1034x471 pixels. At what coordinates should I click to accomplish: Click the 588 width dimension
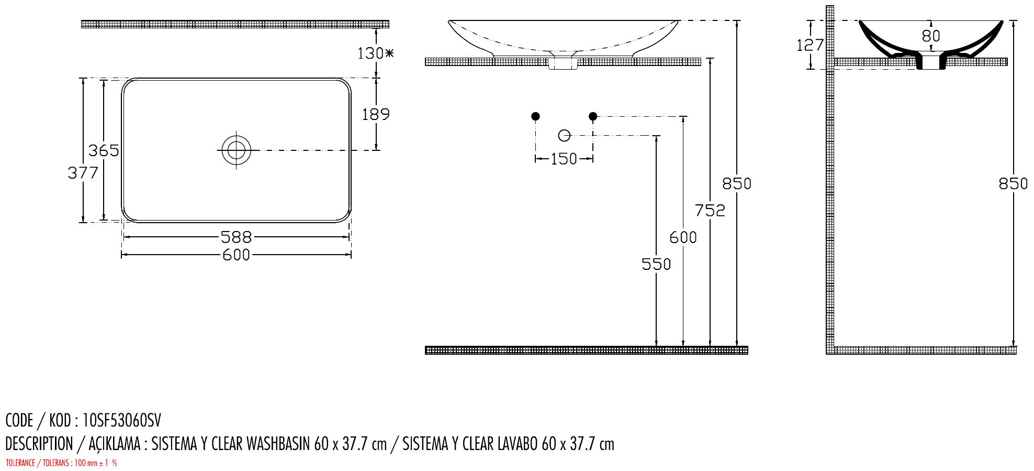pyautogui.click(x=236, y=237)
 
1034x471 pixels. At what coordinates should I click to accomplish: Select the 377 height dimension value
pyautogui.click(x=83, y=172)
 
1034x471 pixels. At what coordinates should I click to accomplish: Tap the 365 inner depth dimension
pyautogui.click(x=104, y=150)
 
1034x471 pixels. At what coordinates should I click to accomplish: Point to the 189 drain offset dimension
pyautogui.click(x=376, y=114)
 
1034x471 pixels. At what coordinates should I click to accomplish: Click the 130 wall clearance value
pyautogui.click(x=371, y=53)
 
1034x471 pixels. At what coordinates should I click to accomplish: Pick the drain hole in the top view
pyautogui.click(x=236, y=150)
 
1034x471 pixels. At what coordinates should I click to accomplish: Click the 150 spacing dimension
pyautogui.click(x=564, y=159)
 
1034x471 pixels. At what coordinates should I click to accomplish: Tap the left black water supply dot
pyautogui.click(x=535, y=116)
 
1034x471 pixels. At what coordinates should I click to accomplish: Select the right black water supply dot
pyautogui.click(x=593, y=116)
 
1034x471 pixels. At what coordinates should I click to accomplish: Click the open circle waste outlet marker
pyautogui.click(x=564, y=136)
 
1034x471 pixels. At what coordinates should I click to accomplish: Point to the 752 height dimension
pyautogui.click(x=710, y=210)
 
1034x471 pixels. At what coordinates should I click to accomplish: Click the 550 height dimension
pyautogui.click(x=656, y=264)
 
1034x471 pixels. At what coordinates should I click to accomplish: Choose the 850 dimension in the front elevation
pyautogui.click(x=737, y=183)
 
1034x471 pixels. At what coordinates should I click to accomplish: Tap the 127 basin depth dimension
pyautogui.click(x=810, y=45)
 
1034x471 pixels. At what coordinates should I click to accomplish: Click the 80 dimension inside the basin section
pyautogui.click(x=931, y=36)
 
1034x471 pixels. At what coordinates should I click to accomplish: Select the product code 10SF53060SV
pyautogui.click(x=122, y=420)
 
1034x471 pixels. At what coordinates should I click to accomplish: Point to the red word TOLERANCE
pyautogui.click(x=20, y=463)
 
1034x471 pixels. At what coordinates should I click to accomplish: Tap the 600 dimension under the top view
pyautogui.click(x=236, y=255)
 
